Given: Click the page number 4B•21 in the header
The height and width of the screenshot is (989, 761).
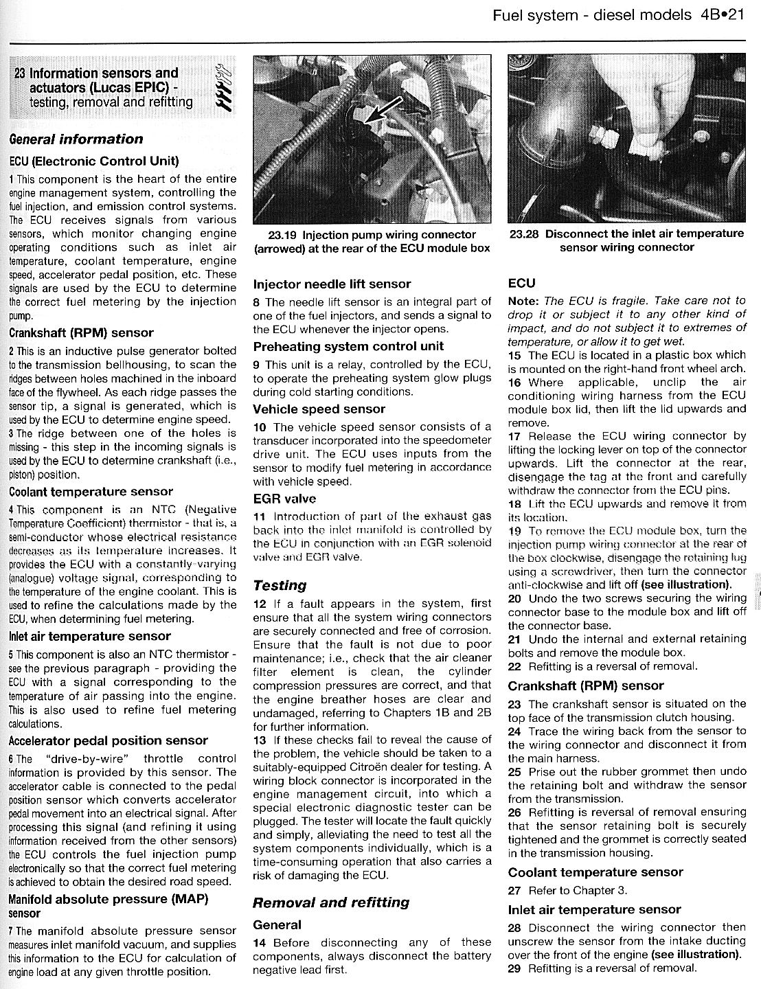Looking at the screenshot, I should [723, 15].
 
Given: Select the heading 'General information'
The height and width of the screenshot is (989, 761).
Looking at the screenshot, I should [76, 139].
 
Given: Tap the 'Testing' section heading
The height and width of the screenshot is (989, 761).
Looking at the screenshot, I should [280, 586].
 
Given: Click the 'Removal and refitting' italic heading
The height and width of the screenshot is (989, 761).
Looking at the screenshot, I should [331, 902].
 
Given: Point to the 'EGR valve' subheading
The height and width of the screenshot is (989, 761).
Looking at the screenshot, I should [284, 499].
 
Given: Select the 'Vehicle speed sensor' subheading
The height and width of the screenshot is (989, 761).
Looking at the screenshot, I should [319, 409].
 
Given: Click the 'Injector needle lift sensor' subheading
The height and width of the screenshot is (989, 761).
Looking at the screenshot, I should [332, 284].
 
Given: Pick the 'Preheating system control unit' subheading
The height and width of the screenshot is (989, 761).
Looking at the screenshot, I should [348, 347].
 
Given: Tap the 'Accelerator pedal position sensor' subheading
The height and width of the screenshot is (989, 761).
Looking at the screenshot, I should [108, 741].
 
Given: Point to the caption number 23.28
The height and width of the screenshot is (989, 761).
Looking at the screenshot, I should [525, 234].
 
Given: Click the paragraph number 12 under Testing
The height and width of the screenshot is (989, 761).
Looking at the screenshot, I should [260, 604].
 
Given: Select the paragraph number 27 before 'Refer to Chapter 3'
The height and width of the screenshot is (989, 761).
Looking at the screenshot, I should [515, 891].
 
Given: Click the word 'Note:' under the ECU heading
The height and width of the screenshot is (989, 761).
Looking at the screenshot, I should [523, 301].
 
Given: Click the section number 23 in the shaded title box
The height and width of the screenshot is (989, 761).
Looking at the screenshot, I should [21, 73].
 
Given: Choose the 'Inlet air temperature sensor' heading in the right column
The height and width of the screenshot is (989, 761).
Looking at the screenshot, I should [594, 910].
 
